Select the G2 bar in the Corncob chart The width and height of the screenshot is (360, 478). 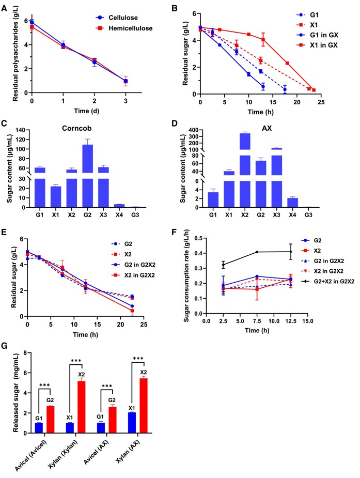[87, 176]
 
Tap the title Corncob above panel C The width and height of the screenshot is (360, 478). [77, 128]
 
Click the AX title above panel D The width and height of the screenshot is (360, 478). [267, 128]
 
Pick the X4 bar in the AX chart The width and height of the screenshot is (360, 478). [292, 203]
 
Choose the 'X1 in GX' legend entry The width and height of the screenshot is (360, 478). [317, 45]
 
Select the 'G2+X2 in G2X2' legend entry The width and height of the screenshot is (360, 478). [327, 281]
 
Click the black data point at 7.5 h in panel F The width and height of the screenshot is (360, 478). [257, 252]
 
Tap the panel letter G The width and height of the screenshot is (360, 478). [4, 346]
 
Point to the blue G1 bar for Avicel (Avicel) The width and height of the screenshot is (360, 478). [39, 428]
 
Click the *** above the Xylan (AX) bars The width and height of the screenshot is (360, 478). [138, 359]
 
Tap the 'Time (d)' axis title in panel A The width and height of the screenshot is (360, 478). [86, 111]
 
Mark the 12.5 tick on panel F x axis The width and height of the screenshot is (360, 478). [291, 321]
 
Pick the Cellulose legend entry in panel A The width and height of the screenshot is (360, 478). [117, 18]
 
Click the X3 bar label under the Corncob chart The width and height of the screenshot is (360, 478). [103, 215]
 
